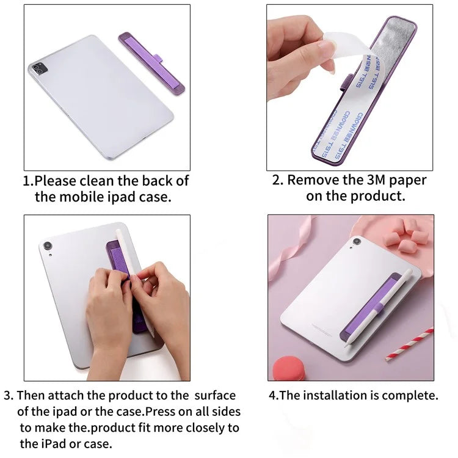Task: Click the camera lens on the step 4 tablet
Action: (357, 242)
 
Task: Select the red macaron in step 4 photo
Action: (289, 369)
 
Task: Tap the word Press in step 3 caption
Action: (161, 411)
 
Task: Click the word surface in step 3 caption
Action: (211, 396)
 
